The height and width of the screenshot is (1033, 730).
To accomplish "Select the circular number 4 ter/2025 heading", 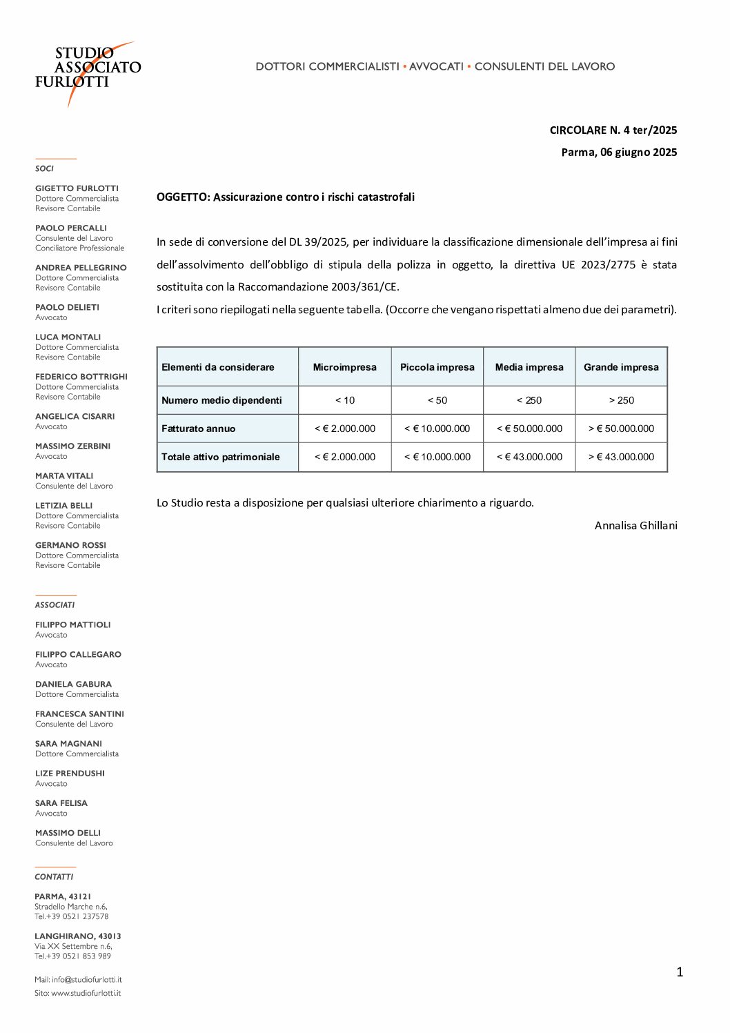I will point(613,130).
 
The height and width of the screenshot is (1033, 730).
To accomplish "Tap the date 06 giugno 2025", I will point(638,152).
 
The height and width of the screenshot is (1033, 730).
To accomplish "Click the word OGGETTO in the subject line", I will point(182,197).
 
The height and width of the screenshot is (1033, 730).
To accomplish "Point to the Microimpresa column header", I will point(344,367).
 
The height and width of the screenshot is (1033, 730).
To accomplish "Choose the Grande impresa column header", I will point(621,367).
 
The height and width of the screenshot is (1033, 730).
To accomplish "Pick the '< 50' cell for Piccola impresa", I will point(437,400).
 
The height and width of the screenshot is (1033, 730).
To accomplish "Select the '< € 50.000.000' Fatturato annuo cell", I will point(529,429).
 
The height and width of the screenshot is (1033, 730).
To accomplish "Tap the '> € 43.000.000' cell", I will point(621,457).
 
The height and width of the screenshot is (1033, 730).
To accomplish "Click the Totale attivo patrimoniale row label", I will point(220,457).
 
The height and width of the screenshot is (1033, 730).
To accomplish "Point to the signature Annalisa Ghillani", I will point(635,525).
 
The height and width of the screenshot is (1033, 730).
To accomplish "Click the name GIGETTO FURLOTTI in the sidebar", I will point(77,188).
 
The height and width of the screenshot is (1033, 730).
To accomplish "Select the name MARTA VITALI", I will point(64,475).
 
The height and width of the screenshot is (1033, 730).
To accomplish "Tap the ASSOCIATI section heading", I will point(55,604).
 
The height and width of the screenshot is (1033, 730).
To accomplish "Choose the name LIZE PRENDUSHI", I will point(70,773).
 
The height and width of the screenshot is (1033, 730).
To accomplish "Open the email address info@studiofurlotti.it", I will point(86,979).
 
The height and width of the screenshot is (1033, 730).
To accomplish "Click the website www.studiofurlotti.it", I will point(86,993).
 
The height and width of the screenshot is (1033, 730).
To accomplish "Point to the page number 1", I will point(680,972).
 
